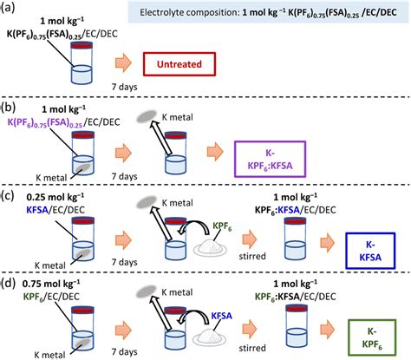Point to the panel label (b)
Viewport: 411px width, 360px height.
point(10,107)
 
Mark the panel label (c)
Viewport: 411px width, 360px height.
point(10,193)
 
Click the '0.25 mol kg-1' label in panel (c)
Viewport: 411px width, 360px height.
point(44,195)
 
